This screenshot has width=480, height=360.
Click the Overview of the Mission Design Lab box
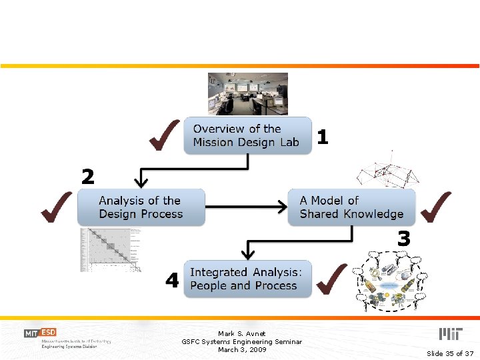pos(247,136)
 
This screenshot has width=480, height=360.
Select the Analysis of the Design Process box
pos(141,207)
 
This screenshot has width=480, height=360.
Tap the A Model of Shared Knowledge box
pos(351,207)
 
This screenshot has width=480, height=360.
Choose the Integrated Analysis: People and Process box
pos(247,279)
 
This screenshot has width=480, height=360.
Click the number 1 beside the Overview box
pos(323,137)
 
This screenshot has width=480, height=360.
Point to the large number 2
pos(88,177)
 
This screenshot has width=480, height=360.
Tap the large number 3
pos(403,238)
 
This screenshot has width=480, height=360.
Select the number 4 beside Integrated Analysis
pos(172,281)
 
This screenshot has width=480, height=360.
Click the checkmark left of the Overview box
pos(164,135)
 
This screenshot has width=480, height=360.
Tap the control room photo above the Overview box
pos(247,94)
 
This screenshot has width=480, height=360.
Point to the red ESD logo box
pos(49,333)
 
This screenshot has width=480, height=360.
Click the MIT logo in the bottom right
pos(451,334)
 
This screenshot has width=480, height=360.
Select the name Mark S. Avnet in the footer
pos(241,333)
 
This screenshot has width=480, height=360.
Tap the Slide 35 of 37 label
pos(449,353)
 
